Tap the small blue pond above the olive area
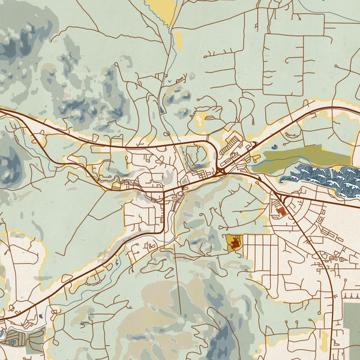(x=275, y=146)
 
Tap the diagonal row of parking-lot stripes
(x=228, y=143)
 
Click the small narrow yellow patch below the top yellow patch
(x=178, y=41)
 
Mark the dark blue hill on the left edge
(x=9, y=159)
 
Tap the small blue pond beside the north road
(x=163, y=110)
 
